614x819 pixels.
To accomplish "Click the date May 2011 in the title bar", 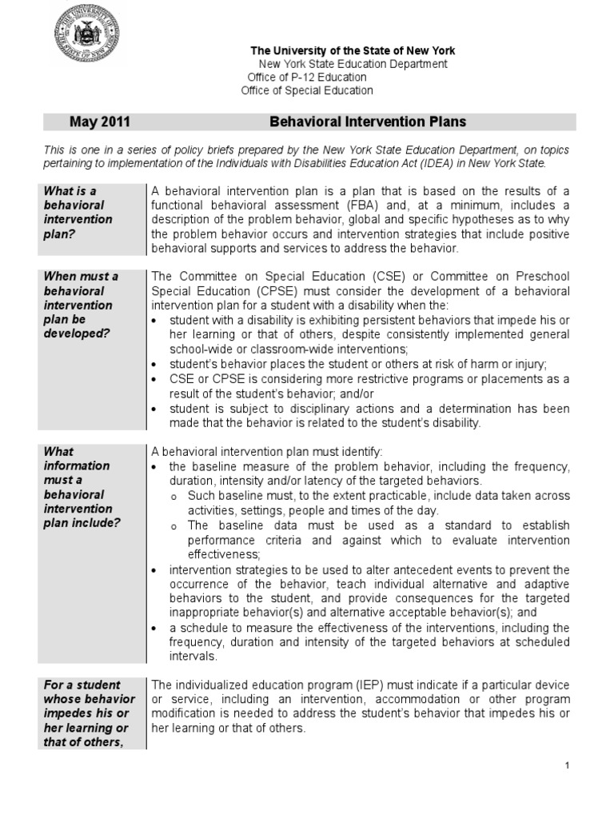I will click(x=99, y=122).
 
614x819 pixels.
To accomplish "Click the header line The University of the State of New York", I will click(x=353, y=51).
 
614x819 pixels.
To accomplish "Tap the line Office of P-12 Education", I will click(x=307, y=78).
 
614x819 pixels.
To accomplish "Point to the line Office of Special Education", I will click(x=307, y=91).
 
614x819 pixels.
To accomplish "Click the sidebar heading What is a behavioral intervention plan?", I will click(x=78, y=212).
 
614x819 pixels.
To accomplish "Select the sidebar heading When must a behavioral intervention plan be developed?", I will click(x=81, y=306).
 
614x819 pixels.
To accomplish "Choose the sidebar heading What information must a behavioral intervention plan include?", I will click(x=83, y=487).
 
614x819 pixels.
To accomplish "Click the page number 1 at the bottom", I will click(x=567, y=765).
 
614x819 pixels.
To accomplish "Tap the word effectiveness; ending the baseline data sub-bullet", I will click(x=224, y=554).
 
